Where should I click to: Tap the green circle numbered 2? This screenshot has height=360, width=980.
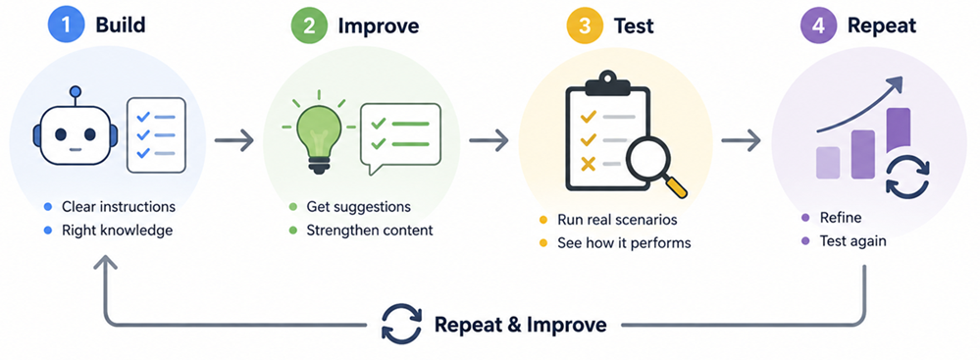pos(307,26)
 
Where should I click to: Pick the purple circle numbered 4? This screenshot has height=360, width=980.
pos(817,26)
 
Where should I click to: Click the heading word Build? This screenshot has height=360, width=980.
pos(120,26)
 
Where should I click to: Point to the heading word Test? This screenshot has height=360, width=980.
pos(634,26)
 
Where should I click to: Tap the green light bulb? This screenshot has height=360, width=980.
pos(318,135)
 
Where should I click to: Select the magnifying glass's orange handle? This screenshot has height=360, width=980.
pos(676,187)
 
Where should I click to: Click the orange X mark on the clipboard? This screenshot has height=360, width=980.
pos(588,165)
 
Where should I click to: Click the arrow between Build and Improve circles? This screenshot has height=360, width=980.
pos(233,140)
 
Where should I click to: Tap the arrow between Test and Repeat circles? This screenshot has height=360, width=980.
pos(741,140)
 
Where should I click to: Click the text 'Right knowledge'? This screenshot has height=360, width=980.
pos(117,231)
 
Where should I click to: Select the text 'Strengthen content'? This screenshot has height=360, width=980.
pos(370,230)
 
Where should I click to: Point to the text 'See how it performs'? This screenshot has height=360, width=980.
pos(624,242)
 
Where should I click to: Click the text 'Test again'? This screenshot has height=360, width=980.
pos(852,240)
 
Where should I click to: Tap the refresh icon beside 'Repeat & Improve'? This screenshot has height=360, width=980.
pos(401,325)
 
